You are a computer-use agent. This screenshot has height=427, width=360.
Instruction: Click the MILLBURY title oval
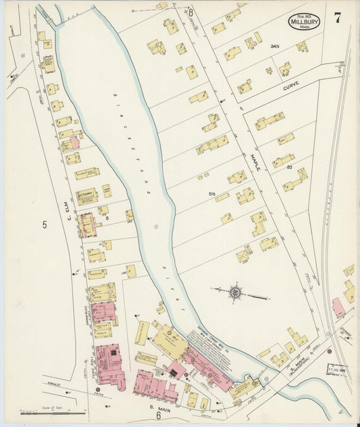pos(305,21)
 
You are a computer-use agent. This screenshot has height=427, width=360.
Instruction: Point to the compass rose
pos(236,293)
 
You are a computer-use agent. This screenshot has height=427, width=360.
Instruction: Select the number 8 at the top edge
pos(191,12)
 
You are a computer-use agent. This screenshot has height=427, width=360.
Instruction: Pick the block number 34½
pos(274,47)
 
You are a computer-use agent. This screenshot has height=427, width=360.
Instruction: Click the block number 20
pos(289,167)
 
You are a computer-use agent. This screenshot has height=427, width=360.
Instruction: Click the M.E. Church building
pos(86,196)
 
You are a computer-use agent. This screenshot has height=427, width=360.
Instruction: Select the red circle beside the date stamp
pos(329,351)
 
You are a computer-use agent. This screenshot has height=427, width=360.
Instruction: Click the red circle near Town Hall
pos(98,390)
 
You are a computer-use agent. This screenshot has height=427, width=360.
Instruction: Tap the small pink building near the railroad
pos(338,308)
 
